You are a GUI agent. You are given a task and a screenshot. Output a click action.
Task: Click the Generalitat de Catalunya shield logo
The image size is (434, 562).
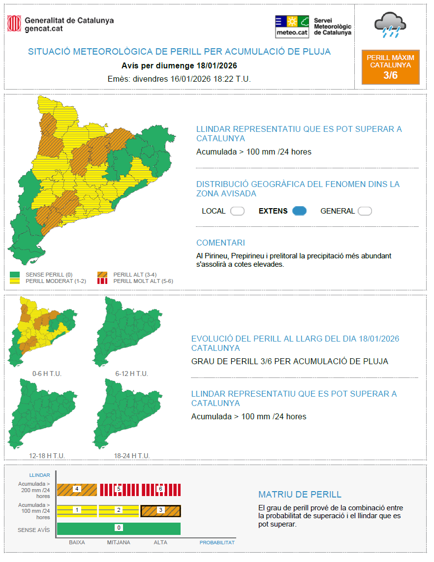pyautogui.click(x=14, y=24)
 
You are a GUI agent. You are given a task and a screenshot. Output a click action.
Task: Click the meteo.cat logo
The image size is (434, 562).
pyautogui.click(x=292, y=26)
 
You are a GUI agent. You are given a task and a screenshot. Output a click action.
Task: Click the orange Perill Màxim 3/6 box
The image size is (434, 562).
pyautogui.click(x=390, y=67)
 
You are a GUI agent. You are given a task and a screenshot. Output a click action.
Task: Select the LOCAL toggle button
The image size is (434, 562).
pyautogui.click(x=237, y=211)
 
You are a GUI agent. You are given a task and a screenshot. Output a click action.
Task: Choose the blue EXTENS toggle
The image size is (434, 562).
pyautogui.click(x=299, y=211)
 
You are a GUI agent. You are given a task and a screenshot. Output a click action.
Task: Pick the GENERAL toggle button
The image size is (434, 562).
pyautogui.click(x=365, y=211)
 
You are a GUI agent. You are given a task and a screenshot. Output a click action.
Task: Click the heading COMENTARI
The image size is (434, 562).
pyautogui.click(x=220, y=243)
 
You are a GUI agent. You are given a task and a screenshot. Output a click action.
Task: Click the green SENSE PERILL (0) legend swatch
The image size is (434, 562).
pyautogui.click(x=15, y=274)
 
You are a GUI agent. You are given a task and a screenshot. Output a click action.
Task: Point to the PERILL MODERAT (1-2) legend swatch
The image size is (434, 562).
pyautogui.click(x=15, y=281)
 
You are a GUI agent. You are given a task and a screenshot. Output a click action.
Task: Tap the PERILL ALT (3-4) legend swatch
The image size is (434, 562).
pyautogui.click(x=102, y=274)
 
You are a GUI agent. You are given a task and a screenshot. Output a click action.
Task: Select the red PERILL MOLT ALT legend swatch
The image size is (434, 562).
pyautogui.click(x=102, y=281)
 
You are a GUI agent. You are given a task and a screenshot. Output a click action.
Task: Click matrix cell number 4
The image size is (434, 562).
pyautogui.click(x=77, y=490)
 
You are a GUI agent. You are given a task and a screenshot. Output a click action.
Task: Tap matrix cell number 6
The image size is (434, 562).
pyautogui.click(x=160, y=490)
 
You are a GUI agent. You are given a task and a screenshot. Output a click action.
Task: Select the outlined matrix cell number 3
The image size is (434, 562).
pyautogui.click(x=160, y=510)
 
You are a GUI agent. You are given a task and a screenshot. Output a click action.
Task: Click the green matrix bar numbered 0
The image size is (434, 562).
pyautogui.click(x=119, y=528)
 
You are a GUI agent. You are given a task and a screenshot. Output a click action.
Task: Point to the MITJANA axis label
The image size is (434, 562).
pyautogui.click(x=119, y=542)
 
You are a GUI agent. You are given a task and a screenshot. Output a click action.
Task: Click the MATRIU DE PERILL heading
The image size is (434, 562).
pyautogui.click(x=300, y=495)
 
